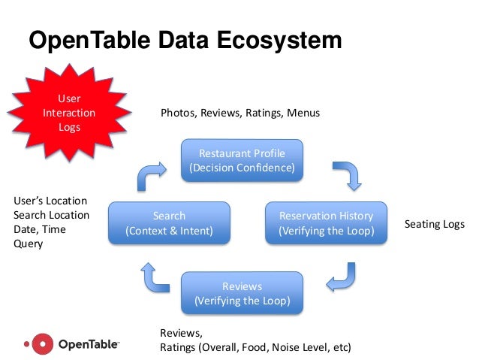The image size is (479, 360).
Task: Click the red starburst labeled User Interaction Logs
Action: (x=68, y=113)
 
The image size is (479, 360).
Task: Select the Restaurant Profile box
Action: (x=242, y=160)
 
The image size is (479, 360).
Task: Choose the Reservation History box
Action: (x=325, y=222)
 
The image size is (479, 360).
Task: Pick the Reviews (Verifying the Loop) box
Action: (x=242, y=293)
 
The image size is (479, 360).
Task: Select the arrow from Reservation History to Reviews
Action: (x=341, y=277)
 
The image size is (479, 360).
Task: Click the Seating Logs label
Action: (x=435, y=224)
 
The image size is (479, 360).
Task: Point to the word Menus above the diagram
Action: (x=303, y=113)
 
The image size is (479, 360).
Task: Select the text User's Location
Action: (x=50, y=201)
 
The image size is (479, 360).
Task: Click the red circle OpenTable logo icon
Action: (x=45, y=344)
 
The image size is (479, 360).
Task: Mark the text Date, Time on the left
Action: (x=39, y=229)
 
